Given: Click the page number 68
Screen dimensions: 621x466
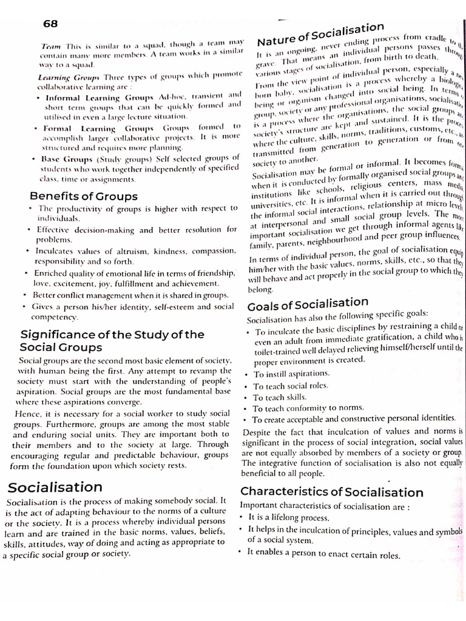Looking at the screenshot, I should click(x=52, y=23).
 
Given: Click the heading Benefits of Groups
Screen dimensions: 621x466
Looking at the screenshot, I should click(x=84, y=196).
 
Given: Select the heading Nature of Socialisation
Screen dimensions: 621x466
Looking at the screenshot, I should click(x=320, y=35).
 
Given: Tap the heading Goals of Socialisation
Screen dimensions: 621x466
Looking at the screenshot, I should click(x=308, y=303).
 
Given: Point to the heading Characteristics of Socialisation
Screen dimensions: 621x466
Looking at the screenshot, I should click(x=332, y=492).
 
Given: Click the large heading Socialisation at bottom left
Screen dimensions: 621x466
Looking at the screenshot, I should click(x=55, y=487).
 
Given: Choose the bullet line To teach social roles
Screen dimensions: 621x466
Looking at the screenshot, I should click(x=291, y=386).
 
